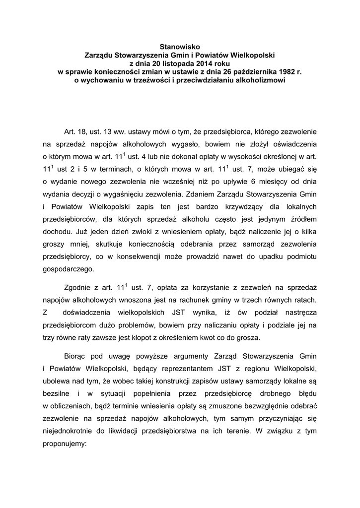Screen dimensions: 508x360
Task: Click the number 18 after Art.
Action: pyautogui.click(x=82, y=132)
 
